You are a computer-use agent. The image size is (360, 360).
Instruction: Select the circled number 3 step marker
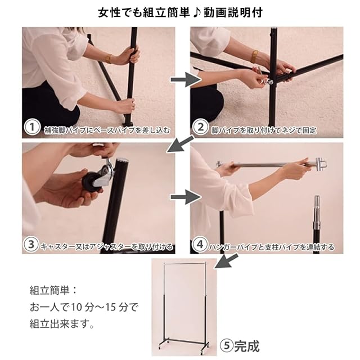31,245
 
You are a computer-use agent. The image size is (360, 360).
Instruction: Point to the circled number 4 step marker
200,245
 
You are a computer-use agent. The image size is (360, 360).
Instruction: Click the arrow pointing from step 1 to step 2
186,80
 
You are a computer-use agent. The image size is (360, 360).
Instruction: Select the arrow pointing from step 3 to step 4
186,197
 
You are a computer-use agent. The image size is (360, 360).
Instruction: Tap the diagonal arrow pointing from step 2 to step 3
181,144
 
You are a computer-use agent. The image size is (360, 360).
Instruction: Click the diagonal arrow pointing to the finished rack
226,261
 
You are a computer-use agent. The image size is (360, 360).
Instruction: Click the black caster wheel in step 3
91,180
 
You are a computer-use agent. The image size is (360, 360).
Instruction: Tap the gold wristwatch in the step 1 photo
109,58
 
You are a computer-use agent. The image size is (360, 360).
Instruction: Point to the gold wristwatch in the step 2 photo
254,56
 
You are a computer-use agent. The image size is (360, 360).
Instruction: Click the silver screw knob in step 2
269,82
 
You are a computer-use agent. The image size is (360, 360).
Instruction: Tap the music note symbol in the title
197,12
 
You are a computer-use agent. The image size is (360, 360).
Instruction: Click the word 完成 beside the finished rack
247,346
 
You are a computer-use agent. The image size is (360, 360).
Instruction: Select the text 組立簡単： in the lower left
53,290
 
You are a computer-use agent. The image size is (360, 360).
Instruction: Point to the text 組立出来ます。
62,324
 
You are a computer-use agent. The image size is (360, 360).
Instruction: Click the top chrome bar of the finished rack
184,262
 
